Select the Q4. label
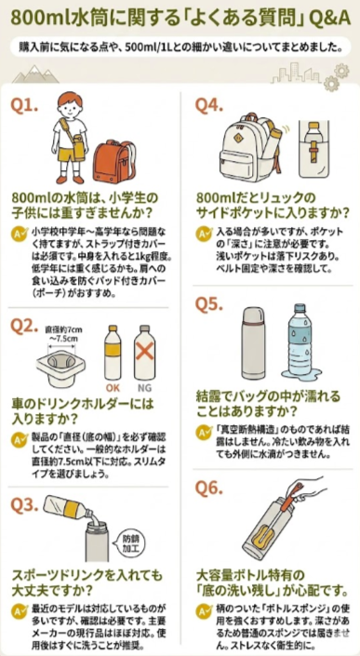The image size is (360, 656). click(213, 104)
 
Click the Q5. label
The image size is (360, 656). click(213, 303)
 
